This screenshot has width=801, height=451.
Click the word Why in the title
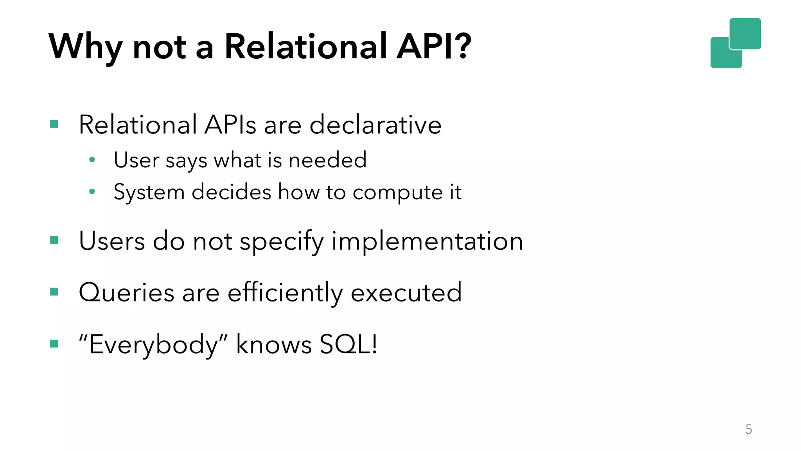coord(85,47)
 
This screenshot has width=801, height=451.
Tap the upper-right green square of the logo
coord(745,33)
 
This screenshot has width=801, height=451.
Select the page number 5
coord(749,429)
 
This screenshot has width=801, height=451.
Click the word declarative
coord(375,125)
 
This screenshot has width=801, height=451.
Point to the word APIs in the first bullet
coord(230,125)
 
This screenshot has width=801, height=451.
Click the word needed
coord(327,160)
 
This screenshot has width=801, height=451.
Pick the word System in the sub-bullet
coord(149,193)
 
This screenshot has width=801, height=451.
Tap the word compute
coord(397,193)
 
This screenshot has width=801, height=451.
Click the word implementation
coord(427,241)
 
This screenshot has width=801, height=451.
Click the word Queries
coord(126,292)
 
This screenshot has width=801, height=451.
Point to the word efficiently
coord(286,292)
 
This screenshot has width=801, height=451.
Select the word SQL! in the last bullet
coord(348,344)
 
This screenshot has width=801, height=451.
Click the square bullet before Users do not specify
coord(54,240)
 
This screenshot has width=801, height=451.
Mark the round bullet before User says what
coord(92,160)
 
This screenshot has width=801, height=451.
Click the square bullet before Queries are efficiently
coord(54,292)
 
